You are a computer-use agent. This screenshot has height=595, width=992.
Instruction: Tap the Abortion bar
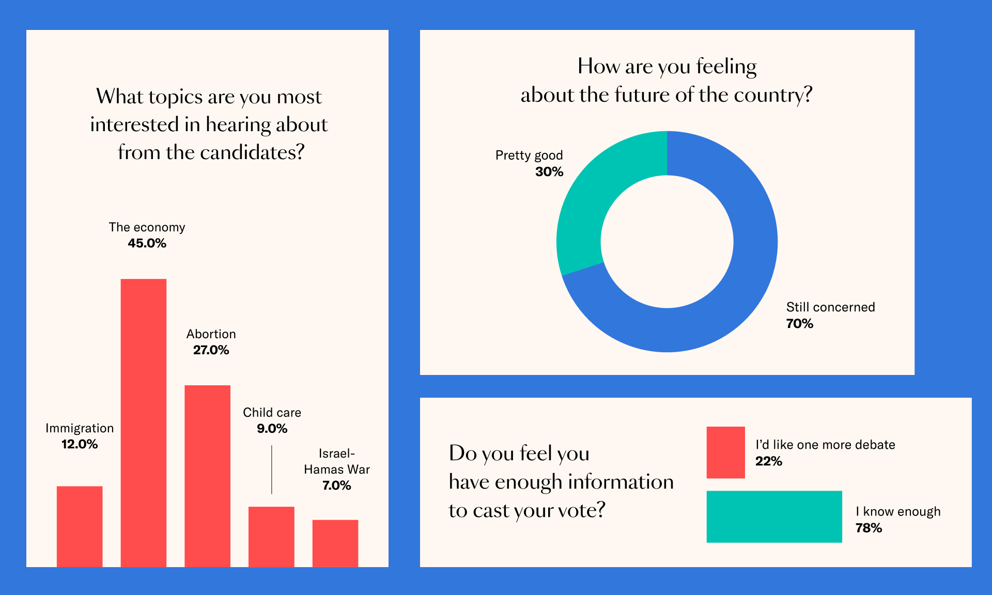point(207,476)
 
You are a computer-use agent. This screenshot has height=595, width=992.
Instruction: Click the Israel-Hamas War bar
point(335,543)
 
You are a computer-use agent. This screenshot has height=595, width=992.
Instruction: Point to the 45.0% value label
point(147,243)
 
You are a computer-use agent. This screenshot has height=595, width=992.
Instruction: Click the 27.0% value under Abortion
point(211,350)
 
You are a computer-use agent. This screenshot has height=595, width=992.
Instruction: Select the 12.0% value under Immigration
point(80,444)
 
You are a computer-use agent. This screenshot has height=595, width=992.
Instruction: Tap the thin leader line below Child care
point(272,470)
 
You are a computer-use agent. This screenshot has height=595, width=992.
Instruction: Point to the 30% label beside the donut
point(549,172)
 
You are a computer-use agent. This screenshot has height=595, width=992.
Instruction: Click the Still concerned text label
point(830,307)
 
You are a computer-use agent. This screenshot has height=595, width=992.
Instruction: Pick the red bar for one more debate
point(725,452)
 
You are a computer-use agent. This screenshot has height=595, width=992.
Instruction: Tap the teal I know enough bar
point(774,516)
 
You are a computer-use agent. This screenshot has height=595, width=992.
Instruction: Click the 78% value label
point(869,528)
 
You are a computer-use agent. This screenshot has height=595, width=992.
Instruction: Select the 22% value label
point(768,461)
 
